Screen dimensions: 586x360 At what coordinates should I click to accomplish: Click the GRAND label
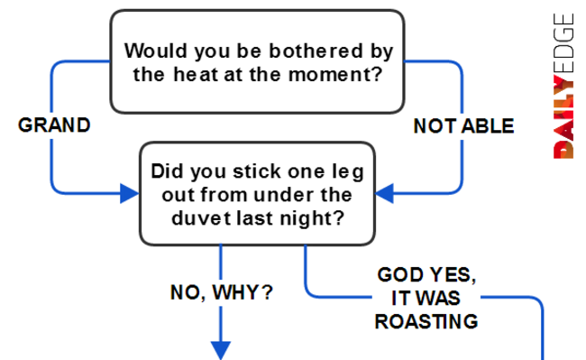(x=54, y=125)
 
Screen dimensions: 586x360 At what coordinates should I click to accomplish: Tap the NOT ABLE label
(x=463, y=126)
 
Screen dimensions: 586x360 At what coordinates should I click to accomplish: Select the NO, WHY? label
(x=221, y=292)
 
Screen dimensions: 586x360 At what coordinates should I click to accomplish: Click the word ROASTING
(x=426, y=321)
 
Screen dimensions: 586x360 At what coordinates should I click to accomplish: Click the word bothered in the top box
(x=316, y=51)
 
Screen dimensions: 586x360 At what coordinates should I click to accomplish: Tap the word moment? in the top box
(x=335, y=74)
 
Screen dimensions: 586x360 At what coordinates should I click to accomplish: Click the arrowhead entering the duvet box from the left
(x=129, y=193)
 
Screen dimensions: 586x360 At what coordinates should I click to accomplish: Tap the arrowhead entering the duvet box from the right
(x=384, y=193)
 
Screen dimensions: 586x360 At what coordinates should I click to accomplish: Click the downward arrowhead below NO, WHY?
(x=221, y=350)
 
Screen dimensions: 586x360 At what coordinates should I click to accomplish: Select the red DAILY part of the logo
(x=563, y=117)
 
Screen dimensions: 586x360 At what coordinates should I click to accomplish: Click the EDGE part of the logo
(x=563, y=43)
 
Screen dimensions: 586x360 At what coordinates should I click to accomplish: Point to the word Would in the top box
(x=155, y=51)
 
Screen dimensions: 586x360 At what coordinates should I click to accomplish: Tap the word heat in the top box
(x=196, y=74)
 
